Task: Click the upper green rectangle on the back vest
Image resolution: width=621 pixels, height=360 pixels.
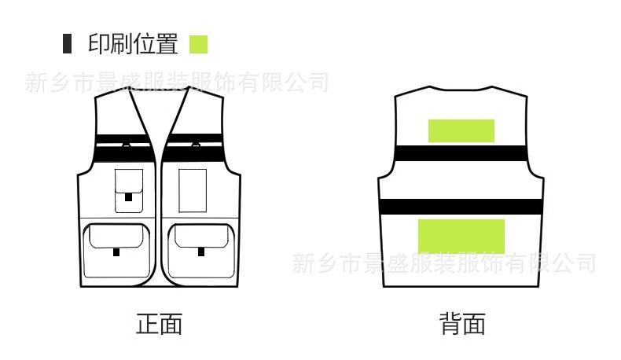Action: click(461, 130)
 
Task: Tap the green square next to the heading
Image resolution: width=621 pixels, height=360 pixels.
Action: click(198, 44)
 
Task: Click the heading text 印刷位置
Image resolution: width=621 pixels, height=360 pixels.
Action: click(132, 44)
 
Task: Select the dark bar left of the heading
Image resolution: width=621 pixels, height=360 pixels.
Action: click(67, 44)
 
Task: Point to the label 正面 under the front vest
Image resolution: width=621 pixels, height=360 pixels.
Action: click(160, 323)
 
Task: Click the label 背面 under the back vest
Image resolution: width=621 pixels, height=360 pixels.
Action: click(462, 323)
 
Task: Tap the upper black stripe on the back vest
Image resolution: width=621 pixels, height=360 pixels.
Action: click(461, 153)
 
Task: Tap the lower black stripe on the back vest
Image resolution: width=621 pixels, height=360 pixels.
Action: click(461, 207)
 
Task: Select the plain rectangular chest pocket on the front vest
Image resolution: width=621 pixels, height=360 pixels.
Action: click(193, 189)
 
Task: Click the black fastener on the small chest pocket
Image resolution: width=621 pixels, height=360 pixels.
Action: click(129, 197)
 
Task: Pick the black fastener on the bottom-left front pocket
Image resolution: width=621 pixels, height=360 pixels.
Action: click(116, 252)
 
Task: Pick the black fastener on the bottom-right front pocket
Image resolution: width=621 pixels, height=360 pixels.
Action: click(201, 252)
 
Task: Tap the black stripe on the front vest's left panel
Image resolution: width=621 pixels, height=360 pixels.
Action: click(123, 141)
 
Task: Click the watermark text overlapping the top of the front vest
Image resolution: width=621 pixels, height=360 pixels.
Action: click(177, 83)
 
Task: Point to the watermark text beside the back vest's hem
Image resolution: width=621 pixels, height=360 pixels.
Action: click(444, 263)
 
